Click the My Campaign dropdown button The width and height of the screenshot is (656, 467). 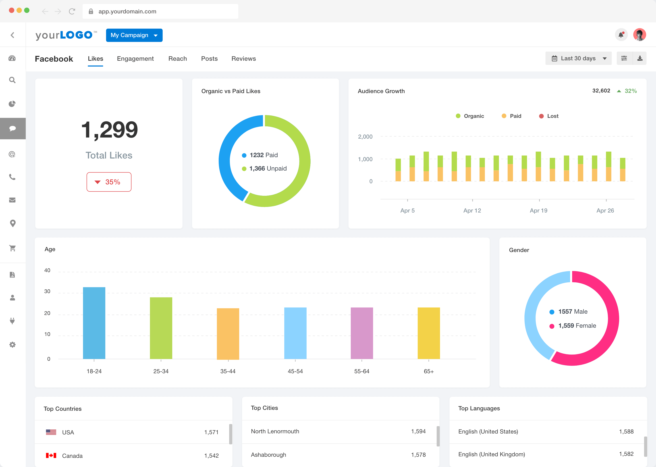tap(134, 35)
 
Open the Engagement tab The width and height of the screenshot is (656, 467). tap(135, 59)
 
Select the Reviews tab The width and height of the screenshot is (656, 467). tap(243, 59)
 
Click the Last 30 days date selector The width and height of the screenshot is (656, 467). tap(578, 58)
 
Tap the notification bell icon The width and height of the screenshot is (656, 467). tap(621, 35)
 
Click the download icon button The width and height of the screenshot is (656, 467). tap(640, 58)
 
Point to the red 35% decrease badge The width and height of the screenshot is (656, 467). tap(109, 182)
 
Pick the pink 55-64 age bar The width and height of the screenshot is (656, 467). tap(362, 333)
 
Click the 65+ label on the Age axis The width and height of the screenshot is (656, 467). tap(428, 371)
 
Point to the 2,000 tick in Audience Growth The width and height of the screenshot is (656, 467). tap(365, 137)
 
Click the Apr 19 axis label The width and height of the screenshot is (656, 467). tap(538, 211)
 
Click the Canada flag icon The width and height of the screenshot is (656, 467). tap(51, 455)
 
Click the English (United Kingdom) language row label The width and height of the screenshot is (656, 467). tap(491, 454)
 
